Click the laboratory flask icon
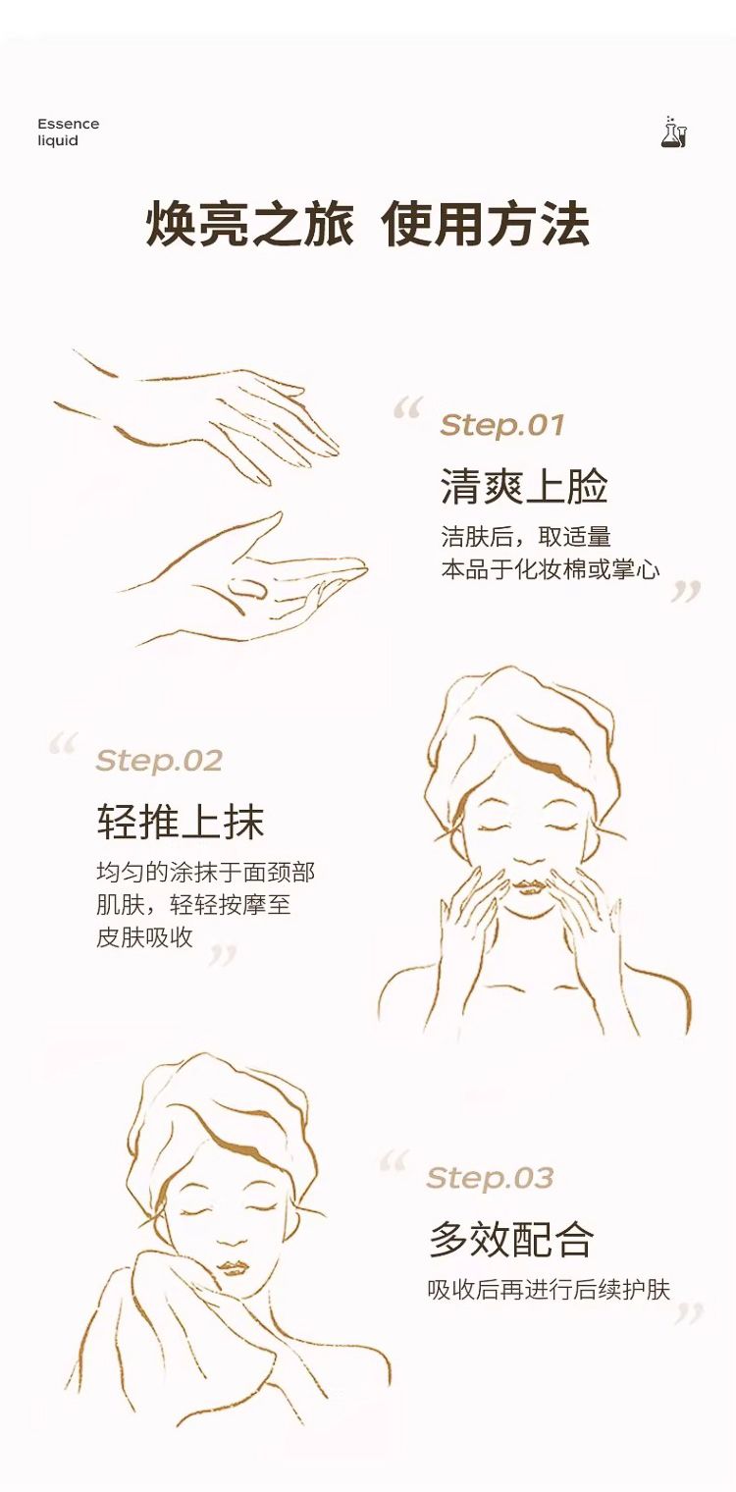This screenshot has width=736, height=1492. tap(673, 132)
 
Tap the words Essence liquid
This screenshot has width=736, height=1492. tap(68, 132)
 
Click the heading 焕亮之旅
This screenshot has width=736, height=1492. tap(249, 224)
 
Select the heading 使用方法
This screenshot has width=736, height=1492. tap(485, 224)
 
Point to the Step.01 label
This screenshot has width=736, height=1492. tap(502, 424)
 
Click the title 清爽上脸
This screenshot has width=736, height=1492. tap(523, 486)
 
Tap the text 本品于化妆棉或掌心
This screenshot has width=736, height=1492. tap(551, 569)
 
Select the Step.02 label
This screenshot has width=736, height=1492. tap(159, 760)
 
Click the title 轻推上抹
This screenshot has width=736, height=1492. tap(181, 821)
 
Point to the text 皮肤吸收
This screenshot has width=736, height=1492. tap(144, 937)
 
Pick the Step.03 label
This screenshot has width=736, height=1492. tap(490, 1178)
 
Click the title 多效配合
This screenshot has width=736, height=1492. tap(511, 1239)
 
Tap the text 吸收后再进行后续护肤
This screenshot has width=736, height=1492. tap(549, 1290)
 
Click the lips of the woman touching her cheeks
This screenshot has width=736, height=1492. tap(531, 886)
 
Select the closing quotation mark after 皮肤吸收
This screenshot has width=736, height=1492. tap(223, 956)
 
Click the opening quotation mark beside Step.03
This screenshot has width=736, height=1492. tap(393, 1161)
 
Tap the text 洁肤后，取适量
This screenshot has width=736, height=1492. tap(526, 537)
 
